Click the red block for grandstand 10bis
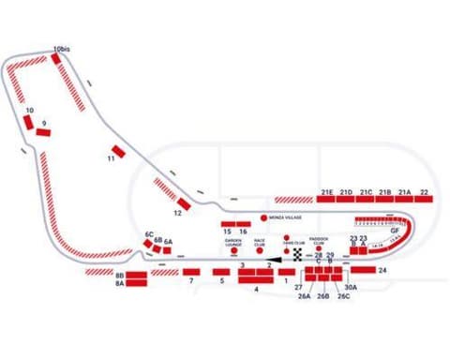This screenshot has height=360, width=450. (x=56, y=58)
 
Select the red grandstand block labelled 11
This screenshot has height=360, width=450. (x=117, y=151)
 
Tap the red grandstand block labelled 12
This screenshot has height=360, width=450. (x=184, y=203)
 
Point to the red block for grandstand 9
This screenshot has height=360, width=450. (x=42, y=132)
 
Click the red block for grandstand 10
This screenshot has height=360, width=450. (x=29, y=120)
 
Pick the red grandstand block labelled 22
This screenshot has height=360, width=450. (x=425, y=198)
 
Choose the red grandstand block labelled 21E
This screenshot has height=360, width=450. (x=327, y=198)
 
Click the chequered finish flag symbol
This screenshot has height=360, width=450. (x=298, y=254)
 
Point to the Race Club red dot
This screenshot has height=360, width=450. (x=260, y=251)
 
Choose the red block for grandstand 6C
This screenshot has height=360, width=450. (x=147, y=243)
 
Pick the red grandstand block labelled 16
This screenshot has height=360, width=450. (x=243, y=224)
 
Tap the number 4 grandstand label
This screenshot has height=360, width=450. (x=255, y=290)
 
